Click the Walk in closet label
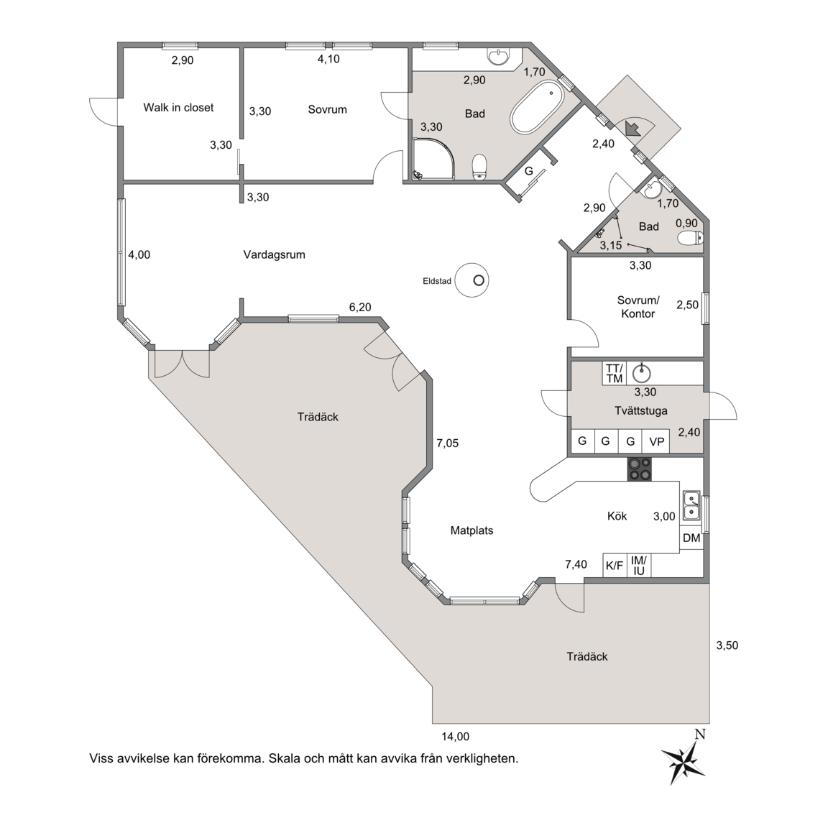click(x=178, y=108)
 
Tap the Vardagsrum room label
click(x=274, y=254)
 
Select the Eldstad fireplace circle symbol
click(x=472, y=280)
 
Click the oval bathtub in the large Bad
click(x=537, y=107)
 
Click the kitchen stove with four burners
click(x=639, y=469)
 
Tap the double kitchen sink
click(x=691, y=505)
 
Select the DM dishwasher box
click(x=691, y=538)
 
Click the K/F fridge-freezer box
click(x=615, y=565)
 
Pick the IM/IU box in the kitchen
click(x=639, y=565)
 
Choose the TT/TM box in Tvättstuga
click(x=614, y=373)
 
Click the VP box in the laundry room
click(x=656, y=441)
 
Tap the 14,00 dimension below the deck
click(x=455, y=737)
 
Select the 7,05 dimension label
click(x=447, y=443)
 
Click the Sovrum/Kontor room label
click(x=638, y=307)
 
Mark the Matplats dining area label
click(x=471, y=530)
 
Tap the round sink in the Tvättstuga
click(x=642, y=374)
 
